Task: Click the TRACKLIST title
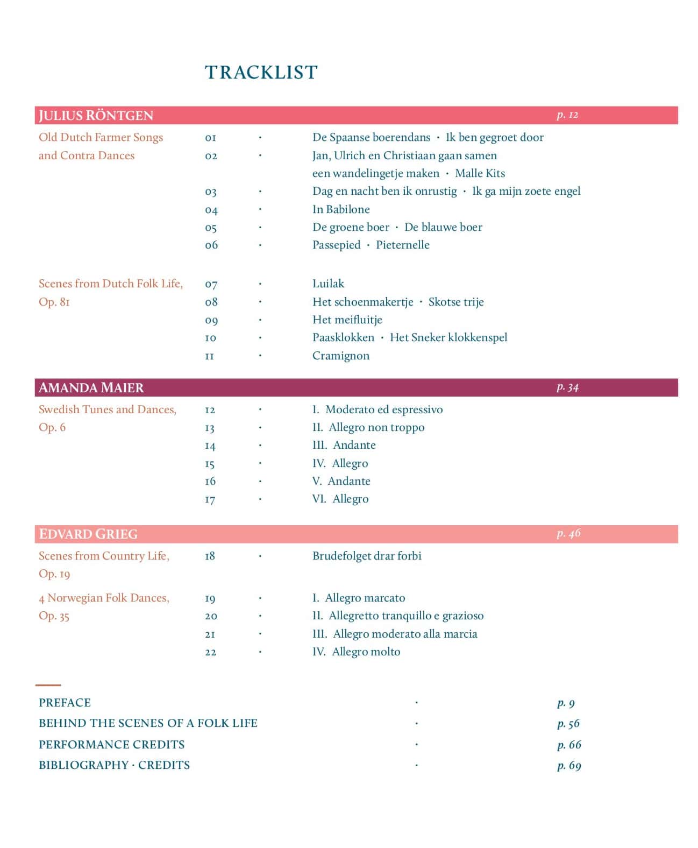pos(261,72)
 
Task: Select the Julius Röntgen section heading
pos(96,116)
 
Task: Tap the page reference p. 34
pos(567,387)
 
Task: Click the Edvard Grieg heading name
pos(88,534)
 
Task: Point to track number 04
pos(211,210)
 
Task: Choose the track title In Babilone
pos(341,209)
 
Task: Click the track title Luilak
pos(328,284)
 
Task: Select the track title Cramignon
pos(341,356)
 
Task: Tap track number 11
pos(210,356)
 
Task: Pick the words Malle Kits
pos(480,173)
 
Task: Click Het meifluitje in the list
pos(347,320)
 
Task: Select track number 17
pos(210,499)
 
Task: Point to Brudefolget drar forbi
pos(367,556)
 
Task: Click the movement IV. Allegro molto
pos(356,652)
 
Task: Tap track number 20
pos(211,616)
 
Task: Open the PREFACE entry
pos(65,703)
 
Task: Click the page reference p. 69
pos(569,766)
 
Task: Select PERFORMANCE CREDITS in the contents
pos(111,745)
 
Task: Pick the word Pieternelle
pos(403,245)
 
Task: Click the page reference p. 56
pos(568,724)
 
